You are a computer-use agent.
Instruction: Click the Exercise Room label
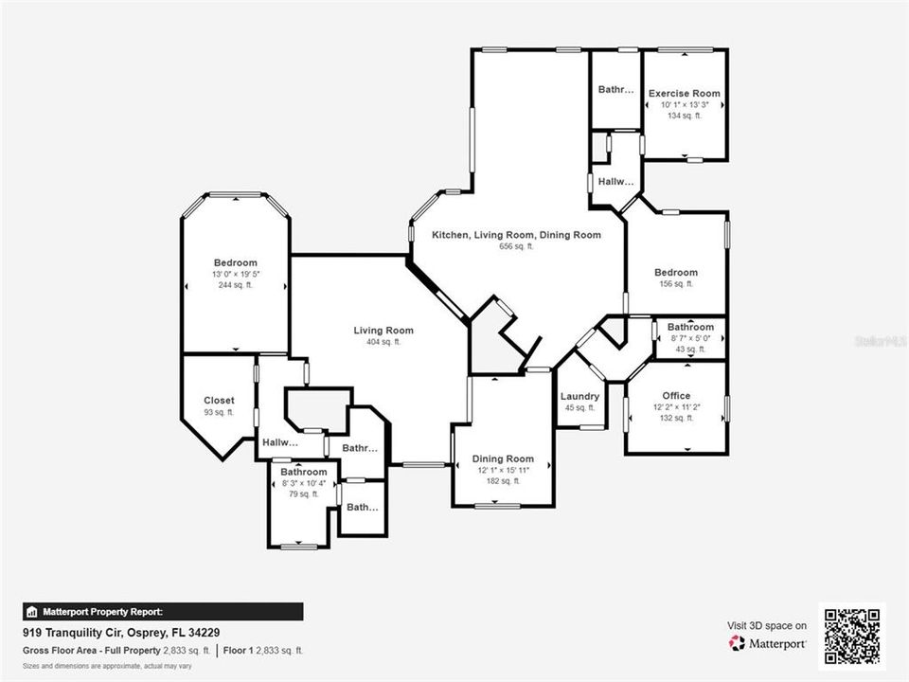coord(684,93)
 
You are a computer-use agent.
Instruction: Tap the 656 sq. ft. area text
coord(516,246)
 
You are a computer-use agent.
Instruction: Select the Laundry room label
coord(579,396)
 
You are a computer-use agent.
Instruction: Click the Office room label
coord(676,395)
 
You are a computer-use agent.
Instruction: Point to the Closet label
coord(219,400)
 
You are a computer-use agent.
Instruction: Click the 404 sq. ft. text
coord(383,342)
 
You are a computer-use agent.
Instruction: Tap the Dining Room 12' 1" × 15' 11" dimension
coord(503,471)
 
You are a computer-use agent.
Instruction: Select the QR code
coord(852,636)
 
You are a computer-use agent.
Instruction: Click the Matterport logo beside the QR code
coord(767,643)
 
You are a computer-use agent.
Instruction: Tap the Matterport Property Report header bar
coord(163,612)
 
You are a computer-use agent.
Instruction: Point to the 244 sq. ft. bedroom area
coord(235,285)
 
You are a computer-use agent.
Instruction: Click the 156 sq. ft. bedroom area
coord(676,284)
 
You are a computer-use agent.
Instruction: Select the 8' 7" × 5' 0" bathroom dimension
coord(690,338)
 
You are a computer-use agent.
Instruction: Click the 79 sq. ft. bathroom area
coord(303,494)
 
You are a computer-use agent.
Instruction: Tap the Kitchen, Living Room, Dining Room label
coord(516,234)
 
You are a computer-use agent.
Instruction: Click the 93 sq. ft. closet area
coord(219,412)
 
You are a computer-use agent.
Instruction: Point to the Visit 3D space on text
coord(767,625)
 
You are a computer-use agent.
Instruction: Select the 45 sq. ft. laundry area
coord(579,408)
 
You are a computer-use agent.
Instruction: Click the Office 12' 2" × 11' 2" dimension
coord(676,407)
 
